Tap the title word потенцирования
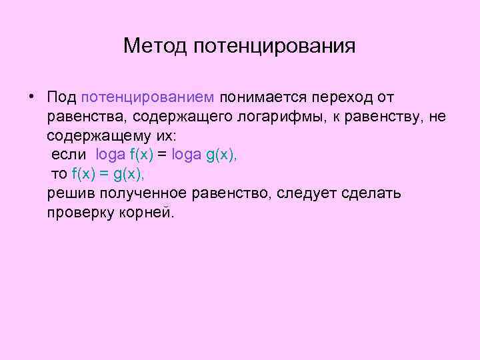[275, 47]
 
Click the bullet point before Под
[31, 97]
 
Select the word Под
[61, 97]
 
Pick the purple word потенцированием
[147, 98]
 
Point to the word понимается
[260, 98]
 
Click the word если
[71, 155]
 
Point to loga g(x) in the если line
[204, 155]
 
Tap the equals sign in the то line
[103, 175]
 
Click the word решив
[71, 194]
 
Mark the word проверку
[79, 213]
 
